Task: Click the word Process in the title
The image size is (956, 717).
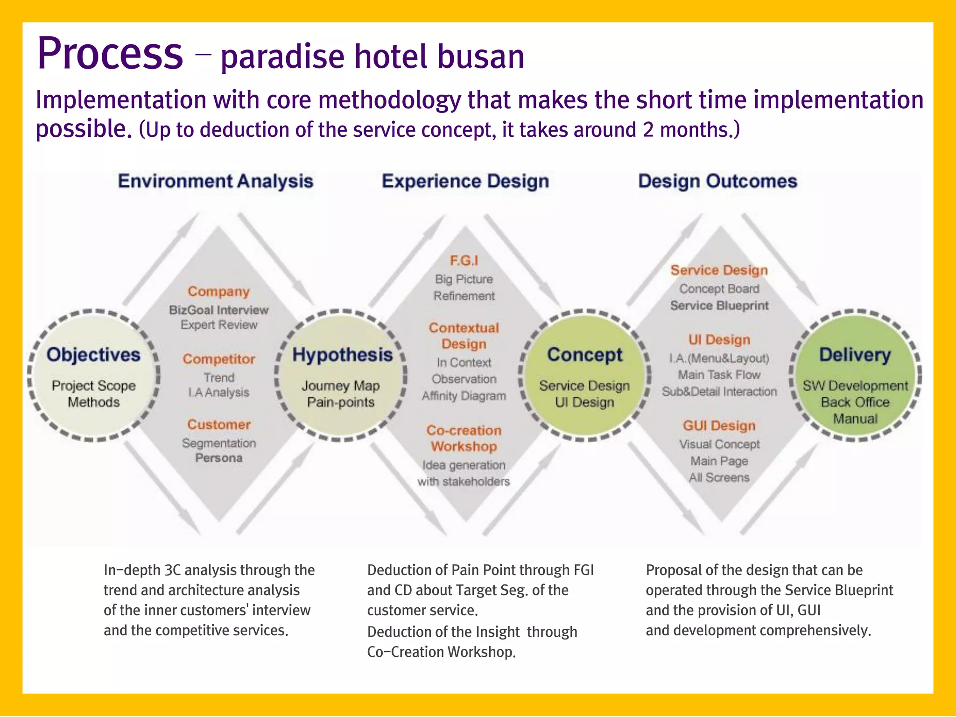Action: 110,54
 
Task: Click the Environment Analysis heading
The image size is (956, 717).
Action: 215,181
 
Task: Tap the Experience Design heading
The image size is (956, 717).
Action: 465,181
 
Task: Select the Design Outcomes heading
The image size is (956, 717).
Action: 717,181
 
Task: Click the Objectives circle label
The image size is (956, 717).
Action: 93,355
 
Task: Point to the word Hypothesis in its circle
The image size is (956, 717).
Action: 342,355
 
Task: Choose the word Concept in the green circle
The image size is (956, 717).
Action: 584,355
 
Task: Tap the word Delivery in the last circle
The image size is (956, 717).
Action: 855,355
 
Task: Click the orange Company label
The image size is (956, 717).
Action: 218,292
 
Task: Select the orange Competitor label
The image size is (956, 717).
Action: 218,359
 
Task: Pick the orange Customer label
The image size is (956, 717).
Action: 218,424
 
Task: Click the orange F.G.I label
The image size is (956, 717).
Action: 464,260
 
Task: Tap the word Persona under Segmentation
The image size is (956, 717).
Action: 218,458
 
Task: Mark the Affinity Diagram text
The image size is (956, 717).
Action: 464,396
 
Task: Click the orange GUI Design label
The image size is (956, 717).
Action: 719,426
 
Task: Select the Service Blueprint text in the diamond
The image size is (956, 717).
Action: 719,306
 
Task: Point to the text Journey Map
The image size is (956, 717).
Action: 340,386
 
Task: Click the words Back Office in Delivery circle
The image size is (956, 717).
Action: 855,402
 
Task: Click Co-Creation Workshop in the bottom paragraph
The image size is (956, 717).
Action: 441,652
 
